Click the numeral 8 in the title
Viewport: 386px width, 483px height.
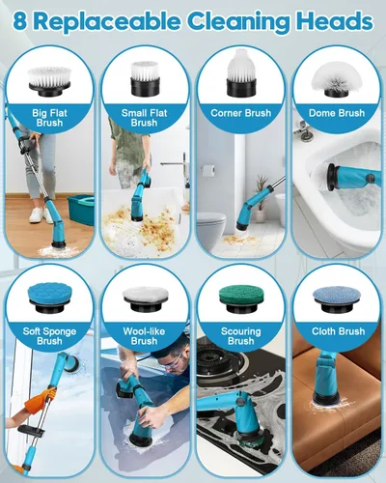coord(20,22)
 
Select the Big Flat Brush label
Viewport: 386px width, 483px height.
coord(49,118)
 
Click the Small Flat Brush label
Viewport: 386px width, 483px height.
coord(145,118)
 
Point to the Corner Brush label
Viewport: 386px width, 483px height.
coord(241,113)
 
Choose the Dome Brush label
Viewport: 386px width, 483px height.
coord(337,113)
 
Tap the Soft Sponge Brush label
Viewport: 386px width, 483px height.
coord(49,336)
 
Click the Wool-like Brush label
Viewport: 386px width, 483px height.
coord(145,336)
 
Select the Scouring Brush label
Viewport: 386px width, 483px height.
coord(241,336)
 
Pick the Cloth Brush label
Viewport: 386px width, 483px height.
coord(339,331)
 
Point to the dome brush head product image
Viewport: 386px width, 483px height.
coord(336,80)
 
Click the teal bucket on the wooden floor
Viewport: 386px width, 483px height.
coord(81,210)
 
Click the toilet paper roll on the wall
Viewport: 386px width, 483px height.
coord(207,169)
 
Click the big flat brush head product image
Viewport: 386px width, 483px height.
coord(49,81)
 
